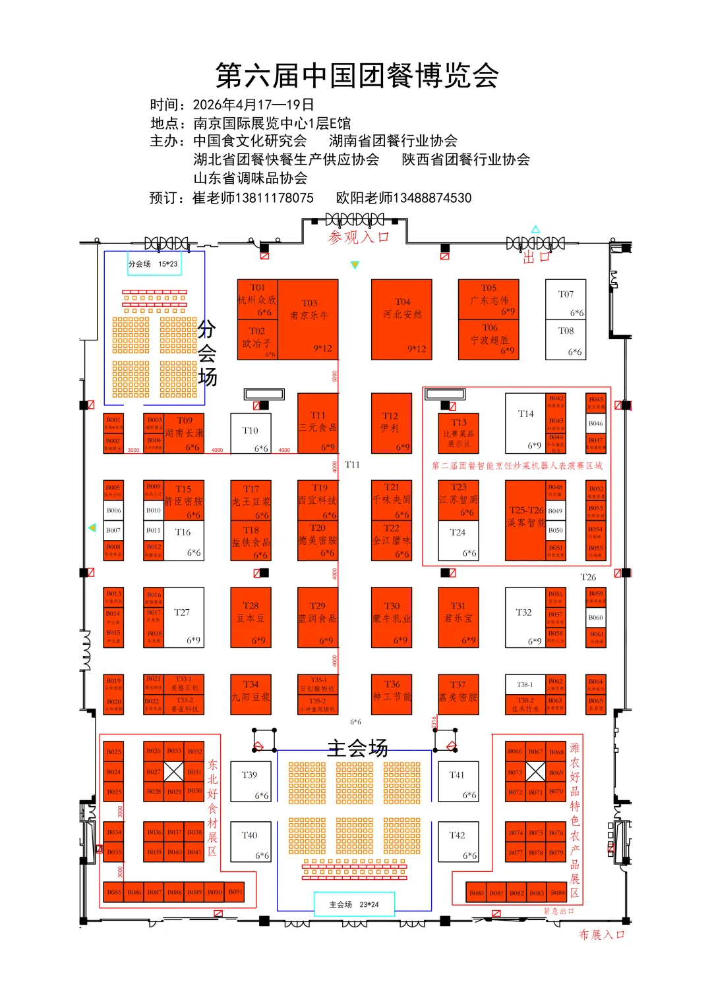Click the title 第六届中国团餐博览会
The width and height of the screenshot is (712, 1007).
(x=357, y=76)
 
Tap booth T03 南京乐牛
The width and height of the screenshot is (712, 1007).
(x=309, y=319)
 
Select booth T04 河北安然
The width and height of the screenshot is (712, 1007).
(x=401, y=319)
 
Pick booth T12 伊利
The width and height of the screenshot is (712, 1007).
(x=391, y=423)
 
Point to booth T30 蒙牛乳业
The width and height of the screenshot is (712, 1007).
(x=392, y=618)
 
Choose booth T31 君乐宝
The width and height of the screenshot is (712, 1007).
(x=458, y=618)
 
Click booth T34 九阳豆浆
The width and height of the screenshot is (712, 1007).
(x=251, y=694)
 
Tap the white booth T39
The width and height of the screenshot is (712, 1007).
(x=251, y=781)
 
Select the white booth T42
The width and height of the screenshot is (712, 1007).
(x=458, y=842)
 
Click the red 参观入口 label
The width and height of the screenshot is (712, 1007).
(x=359, y=237)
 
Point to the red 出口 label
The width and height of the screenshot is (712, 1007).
(x=536, y=258)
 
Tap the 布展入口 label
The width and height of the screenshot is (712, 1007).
(x=601, y=935)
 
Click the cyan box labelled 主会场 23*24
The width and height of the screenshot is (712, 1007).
(x=354, y=904)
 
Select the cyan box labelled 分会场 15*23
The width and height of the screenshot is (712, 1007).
(x=154, y=264)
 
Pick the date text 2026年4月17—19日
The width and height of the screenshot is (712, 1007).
(x=253, y=105)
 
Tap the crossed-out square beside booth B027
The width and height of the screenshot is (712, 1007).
(x=174, y=771)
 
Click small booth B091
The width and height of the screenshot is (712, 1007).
(x=235, y=892)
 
